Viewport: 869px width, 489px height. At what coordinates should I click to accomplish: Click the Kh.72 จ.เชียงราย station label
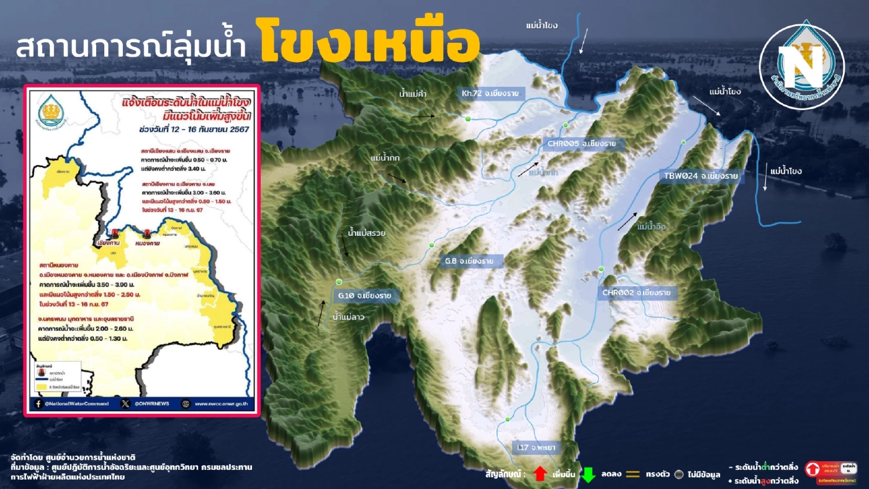[490, 94]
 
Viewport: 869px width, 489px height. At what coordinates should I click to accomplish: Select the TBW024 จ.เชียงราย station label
[700, 176]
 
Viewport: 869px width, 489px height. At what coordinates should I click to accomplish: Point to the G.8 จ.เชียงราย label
[469, 261]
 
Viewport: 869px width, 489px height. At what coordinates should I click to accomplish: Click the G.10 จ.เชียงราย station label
[365, 295]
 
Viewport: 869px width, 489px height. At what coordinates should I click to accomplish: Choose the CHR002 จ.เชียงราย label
[636, 292]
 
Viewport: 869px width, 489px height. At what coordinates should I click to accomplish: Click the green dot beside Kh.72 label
[468, 119]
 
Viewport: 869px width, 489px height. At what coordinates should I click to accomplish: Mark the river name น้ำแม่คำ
[416, 94]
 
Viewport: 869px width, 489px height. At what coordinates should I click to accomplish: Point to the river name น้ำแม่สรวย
[367, 233]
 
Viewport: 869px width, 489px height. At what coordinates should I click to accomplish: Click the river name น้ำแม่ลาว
[349, 317]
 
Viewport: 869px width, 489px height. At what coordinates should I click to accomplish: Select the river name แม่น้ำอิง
[651, 227]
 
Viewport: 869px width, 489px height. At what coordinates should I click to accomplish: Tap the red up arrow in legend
[539, 474]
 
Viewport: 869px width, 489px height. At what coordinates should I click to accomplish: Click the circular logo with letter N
[801, 66]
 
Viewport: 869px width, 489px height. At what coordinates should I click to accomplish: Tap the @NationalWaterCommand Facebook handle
[76, 403]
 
